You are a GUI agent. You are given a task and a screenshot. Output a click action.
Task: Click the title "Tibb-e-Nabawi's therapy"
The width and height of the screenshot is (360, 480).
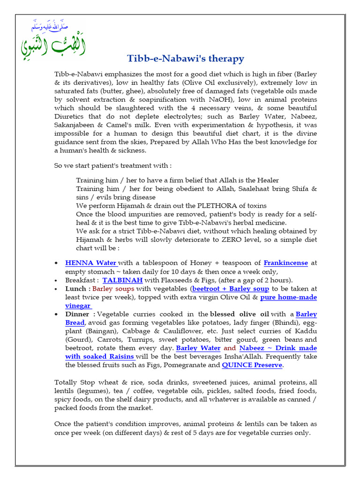186,59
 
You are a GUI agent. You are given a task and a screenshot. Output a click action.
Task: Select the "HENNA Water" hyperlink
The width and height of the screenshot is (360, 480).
91,263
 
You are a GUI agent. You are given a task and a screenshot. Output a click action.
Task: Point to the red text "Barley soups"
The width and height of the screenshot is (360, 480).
113,289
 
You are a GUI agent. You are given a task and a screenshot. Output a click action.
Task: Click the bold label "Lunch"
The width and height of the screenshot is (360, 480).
75,289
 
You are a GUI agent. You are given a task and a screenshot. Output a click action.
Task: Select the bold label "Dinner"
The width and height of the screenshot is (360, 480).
77,314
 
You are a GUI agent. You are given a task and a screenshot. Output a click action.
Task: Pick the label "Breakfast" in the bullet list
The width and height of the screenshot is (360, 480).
80,280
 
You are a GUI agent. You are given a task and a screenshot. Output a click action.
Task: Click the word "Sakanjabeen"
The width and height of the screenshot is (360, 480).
76,125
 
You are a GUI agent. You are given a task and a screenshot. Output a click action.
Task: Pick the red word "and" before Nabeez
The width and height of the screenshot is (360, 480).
230,348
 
